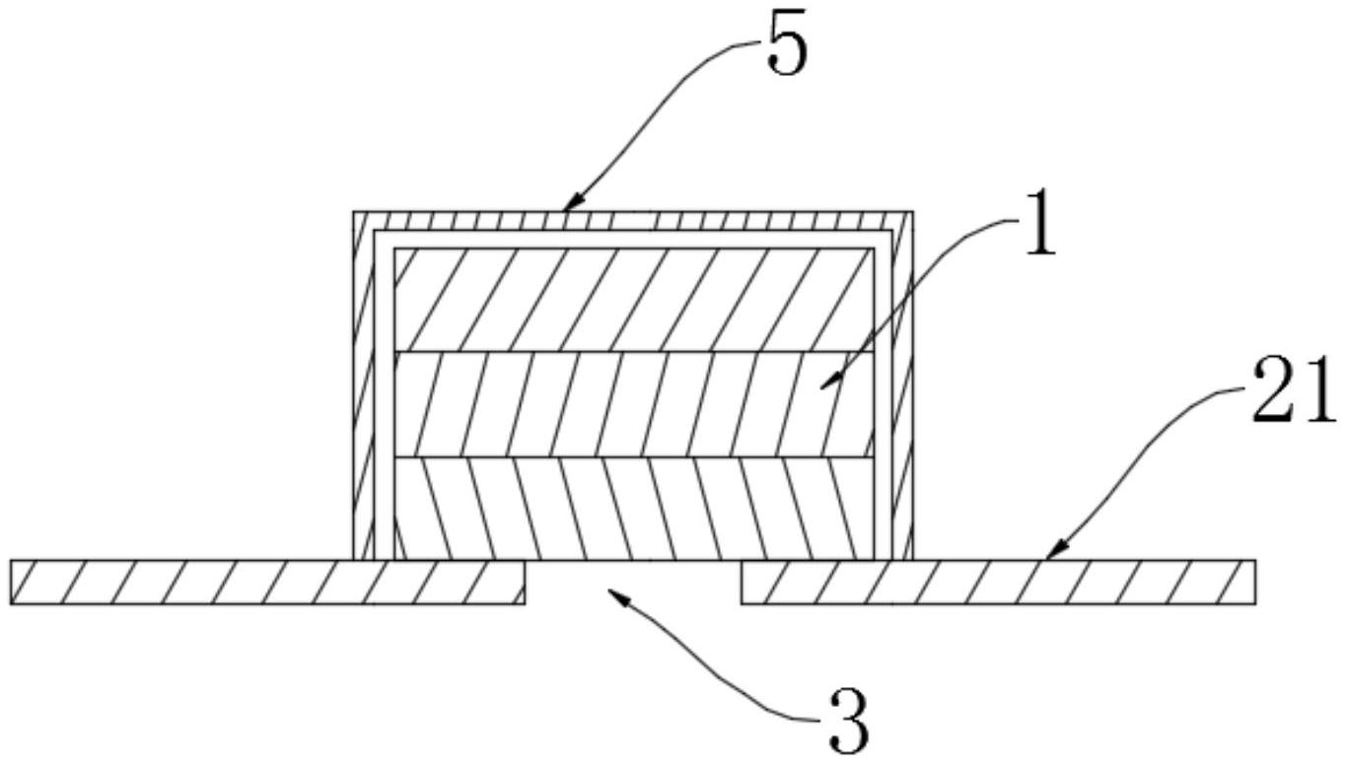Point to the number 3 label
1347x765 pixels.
pos(848,723)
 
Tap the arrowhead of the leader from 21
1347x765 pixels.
pos(1050,556)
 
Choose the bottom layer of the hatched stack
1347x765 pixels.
pos(633,509)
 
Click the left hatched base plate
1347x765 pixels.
pos(266,582)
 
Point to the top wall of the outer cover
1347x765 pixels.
pos(633,220)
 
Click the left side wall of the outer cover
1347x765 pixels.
pos(363,394)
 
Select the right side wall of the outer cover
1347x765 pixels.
pos(904,394)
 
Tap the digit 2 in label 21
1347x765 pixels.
pos(1275,391)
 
